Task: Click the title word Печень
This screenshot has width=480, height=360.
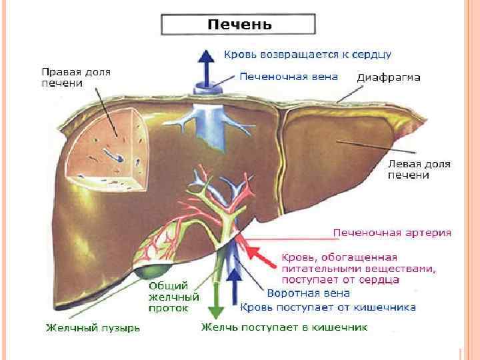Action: coord(239,25)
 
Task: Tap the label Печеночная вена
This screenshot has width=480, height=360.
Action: coord(288,77)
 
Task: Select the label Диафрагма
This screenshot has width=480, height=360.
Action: coord(389,77)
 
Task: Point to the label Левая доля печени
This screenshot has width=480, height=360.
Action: coord(419,169)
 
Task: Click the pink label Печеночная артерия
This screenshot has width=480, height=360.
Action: coord(392,233)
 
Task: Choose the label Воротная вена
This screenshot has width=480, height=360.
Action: coord(299,293)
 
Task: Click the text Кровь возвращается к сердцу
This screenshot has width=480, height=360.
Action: coord(307,53)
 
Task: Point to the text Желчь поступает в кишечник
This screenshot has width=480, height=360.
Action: coord(285,328)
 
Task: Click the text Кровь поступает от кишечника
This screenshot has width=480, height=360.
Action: coord(328,307)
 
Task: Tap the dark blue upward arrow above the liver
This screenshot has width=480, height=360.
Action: coord(207,67)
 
